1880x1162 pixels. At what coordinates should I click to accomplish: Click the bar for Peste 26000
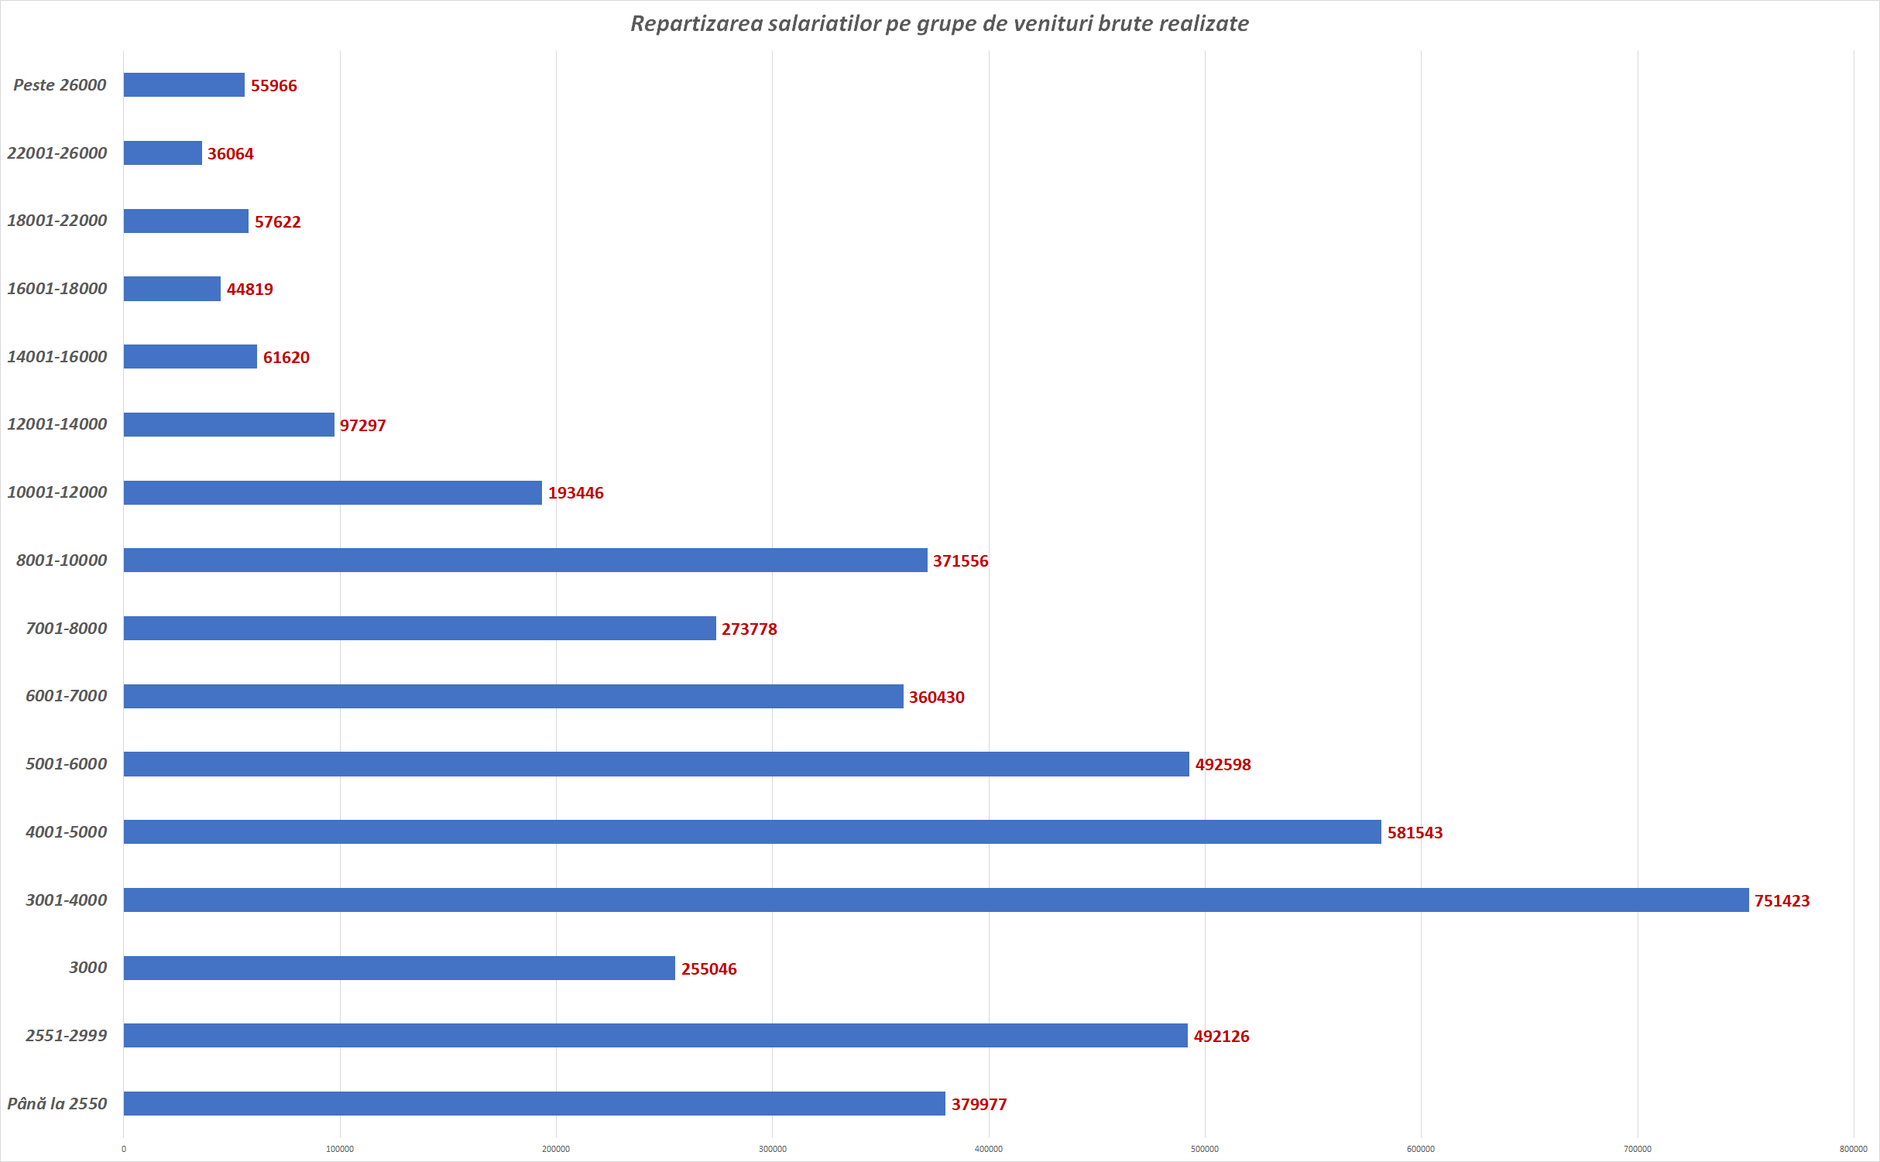(184, 85)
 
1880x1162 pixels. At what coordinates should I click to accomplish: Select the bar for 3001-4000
(935, 900)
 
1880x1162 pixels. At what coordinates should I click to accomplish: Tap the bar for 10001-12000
(333, 492)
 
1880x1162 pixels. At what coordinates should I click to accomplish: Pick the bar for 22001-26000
(163, 153)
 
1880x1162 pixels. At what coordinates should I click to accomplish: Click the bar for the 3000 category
(399, 968)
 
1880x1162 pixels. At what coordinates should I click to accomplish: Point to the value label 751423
(1782, 900)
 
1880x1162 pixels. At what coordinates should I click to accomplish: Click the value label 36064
(230, 154)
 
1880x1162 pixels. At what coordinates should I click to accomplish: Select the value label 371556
(960, 561)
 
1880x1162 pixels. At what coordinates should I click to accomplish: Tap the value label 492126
(1221, 1037)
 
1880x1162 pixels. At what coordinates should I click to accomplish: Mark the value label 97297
(362, 426)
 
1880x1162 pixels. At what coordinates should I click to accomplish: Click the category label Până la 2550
(57, 1103)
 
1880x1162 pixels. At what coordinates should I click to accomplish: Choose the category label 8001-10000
(62, 560)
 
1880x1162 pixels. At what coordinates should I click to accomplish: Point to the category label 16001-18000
(57, 289)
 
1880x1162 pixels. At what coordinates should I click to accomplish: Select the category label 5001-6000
(67, 764)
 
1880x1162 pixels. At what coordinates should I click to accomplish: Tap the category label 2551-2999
(67, 1035)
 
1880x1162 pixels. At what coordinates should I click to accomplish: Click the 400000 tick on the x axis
(988, 1149)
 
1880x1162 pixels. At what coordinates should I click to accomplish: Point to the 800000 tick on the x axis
(1853, 1149)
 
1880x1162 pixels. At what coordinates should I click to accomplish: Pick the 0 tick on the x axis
(124, 1149)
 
